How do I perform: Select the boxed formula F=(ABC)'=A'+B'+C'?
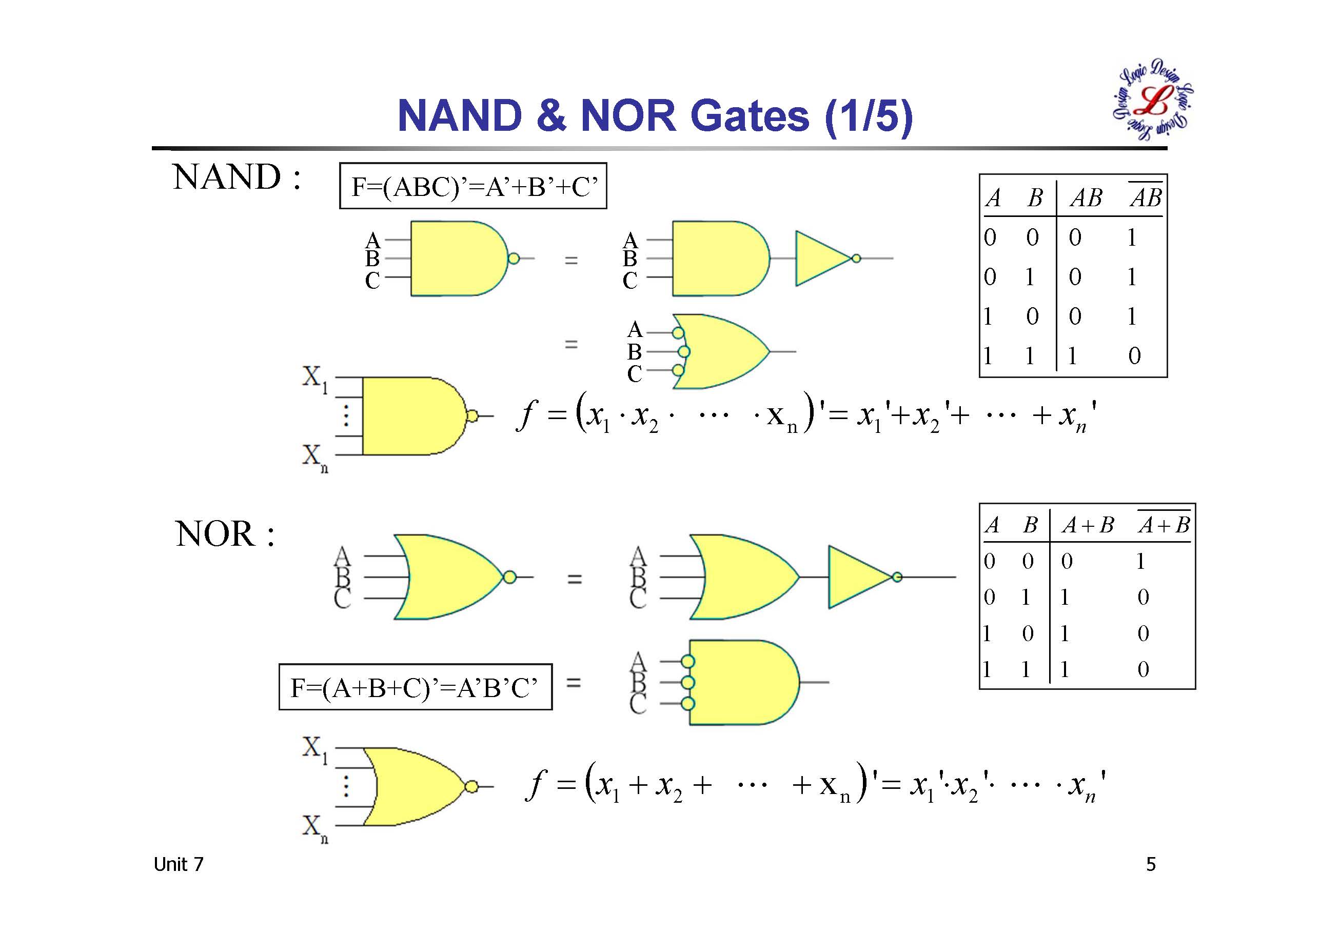[473, 186]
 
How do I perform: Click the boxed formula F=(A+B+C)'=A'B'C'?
[415, 687]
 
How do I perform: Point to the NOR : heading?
[225, 534]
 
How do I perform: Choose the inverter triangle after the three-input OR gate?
[858, 577]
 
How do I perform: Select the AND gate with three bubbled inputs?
[742, 682]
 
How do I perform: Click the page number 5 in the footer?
[1150, 864]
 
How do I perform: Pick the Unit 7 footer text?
[178, 864]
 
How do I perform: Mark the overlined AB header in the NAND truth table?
[1145, 198]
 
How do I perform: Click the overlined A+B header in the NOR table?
[1164, 524]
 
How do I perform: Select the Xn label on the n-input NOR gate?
[314, 828]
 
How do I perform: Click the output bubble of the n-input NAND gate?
[471, 415]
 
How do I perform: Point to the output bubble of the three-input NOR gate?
[509, 577]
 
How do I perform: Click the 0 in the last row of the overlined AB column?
[1134, 356]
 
